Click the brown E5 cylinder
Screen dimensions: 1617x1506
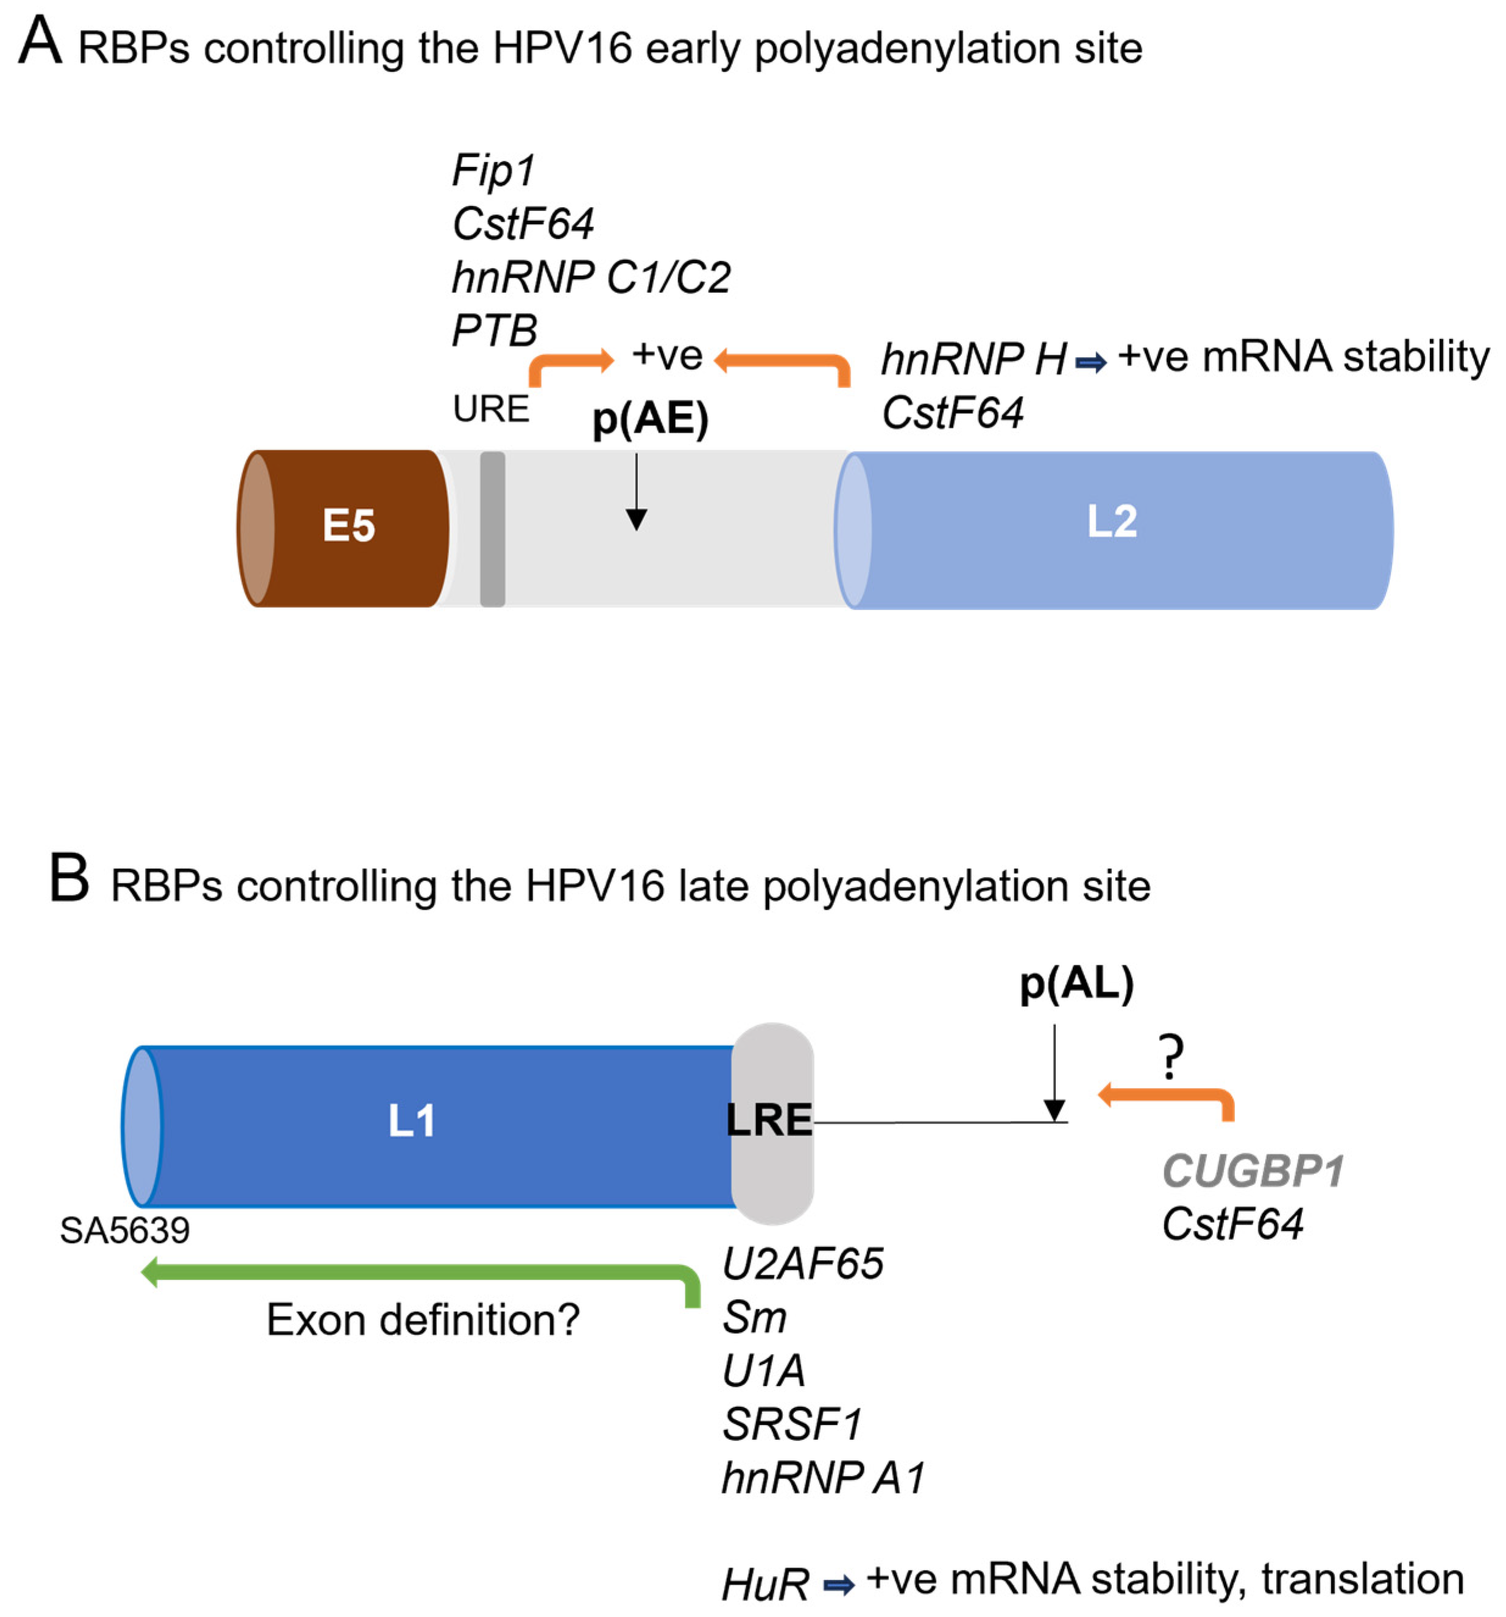click(x=348, y=527)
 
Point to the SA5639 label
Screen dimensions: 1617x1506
click(x=124, y=1230)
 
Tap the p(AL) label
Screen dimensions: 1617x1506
click(x=1076, y=984)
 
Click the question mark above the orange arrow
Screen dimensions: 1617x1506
click(x=1171, y=1057)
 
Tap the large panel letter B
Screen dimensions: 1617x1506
click(x=68, y=878)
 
